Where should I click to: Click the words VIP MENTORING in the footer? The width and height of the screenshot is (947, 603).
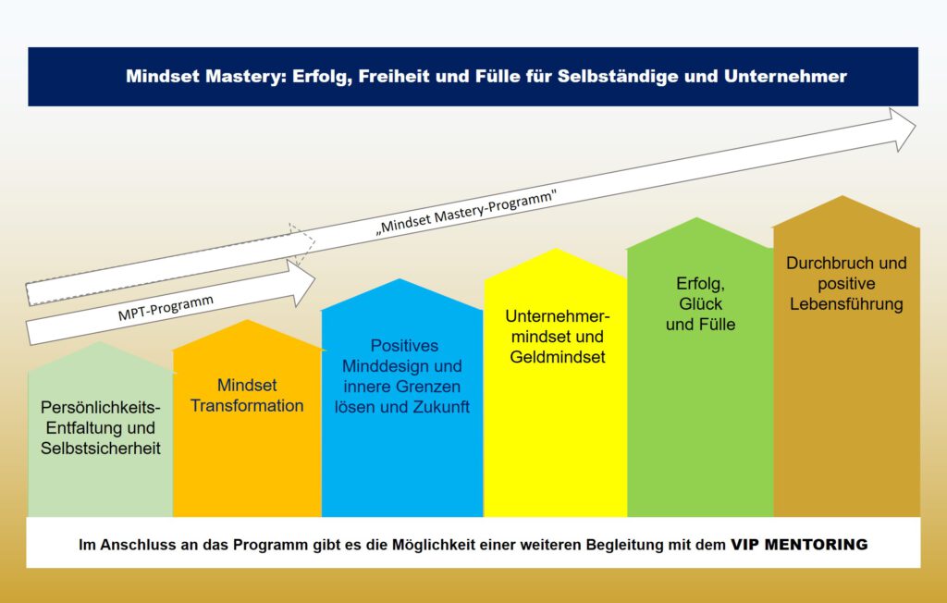coord(799,545)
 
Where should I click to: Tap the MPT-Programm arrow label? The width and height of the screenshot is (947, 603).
coord(166,308)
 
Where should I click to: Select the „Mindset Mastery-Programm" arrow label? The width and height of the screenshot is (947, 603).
coord(466,212)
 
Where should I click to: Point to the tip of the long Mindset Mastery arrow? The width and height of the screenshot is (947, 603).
coord(916,127)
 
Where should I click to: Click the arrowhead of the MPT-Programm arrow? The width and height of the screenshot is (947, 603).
coord(302,281)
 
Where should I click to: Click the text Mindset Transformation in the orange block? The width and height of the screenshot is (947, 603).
coord(247,395)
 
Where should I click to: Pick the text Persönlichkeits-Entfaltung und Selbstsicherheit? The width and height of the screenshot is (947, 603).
coord(101,428)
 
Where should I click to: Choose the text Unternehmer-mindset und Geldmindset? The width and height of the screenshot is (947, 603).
coord(558,337)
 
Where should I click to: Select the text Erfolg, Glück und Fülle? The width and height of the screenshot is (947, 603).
coord(701,304)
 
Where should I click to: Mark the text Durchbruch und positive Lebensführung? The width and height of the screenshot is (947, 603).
coord(846,283)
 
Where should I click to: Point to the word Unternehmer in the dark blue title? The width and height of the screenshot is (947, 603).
coord(785,76)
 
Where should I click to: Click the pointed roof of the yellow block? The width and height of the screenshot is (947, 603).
coord(556,249)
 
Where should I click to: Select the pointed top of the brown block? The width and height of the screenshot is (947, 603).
coord(843,196)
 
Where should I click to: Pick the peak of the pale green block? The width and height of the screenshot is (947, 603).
coord(100,343)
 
